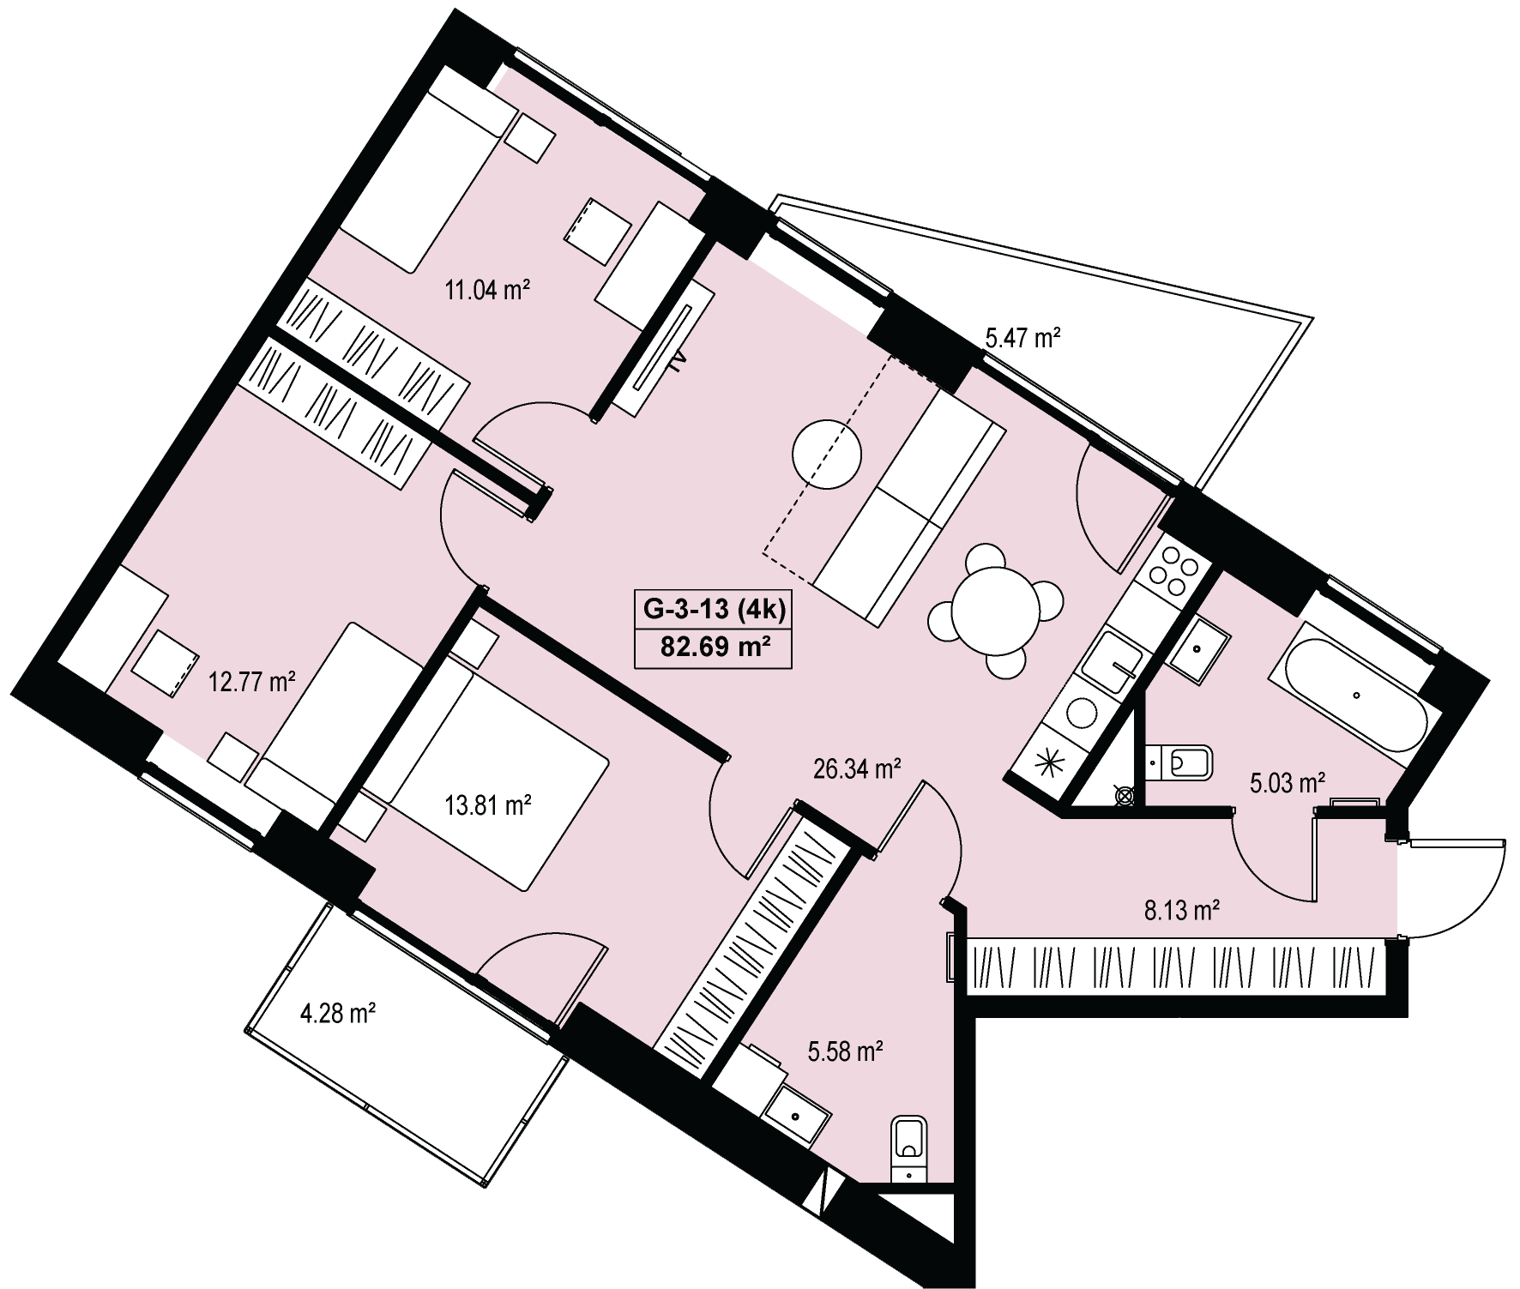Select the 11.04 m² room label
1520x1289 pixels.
pyautogui.click(x=485, y=289)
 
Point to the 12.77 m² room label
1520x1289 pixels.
pyautogui.click(x=253, y=683)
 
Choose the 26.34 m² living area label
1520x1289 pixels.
pyautogui.click(x=857, y=768)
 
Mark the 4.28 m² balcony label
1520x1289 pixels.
pyautogui.click(x=338, y=1014)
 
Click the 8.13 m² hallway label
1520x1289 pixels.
pyautogui.click(x=1182, y=910)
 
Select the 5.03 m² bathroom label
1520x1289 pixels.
pyautogui.click(x=1288, y=783)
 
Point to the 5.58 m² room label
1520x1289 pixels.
pyautogui.click(x=846, y=1051)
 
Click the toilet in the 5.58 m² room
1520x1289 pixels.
pyautogui.click(x=909, y=1147)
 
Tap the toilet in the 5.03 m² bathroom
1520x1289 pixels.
pyautogui.click(x=1180, y=761)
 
